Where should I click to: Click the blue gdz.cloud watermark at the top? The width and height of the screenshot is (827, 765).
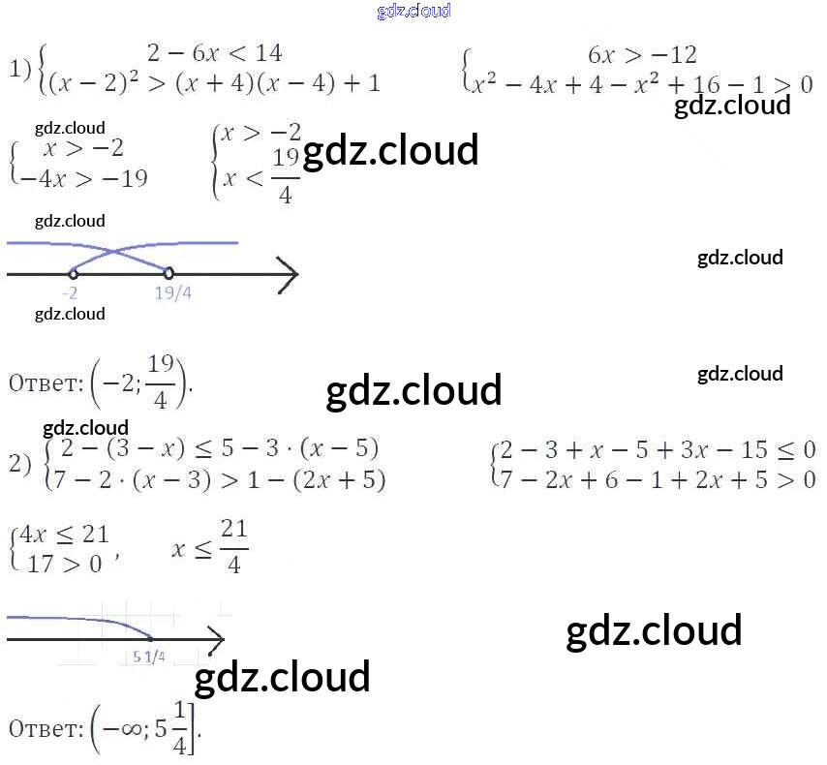(413, 12)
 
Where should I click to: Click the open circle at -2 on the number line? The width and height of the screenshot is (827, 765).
(74, 274)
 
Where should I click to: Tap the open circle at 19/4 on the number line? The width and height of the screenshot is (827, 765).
(168, 273)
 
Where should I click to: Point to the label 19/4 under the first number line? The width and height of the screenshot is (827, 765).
(173, 293)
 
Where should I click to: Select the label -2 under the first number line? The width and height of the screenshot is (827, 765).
(70, 293)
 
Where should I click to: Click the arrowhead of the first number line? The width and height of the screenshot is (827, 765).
(290, 274)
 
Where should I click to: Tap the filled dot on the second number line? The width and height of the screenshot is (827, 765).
(150, 638)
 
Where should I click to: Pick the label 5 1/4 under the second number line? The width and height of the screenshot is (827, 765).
(149, 658)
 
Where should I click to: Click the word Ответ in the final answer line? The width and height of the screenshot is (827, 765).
(44, 728)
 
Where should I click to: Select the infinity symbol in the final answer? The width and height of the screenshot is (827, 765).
(124, 728)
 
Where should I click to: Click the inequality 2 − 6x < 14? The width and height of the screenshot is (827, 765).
(214, 53)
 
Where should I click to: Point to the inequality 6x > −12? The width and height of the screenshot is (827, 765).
(642, 54)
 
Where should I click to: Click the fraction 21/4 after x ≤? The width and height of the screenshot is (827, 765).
(234, 547)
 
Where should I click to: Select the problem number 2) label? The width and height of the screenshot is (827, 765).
(20, 464)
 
